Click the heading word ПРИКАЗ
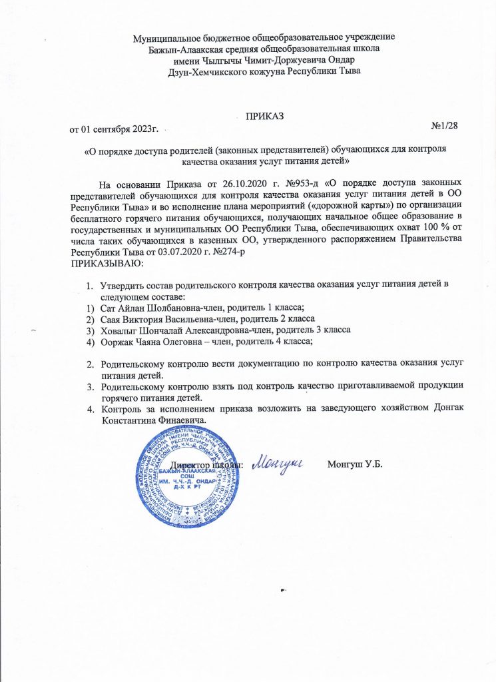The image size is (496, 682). click(x=264, y=117)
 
